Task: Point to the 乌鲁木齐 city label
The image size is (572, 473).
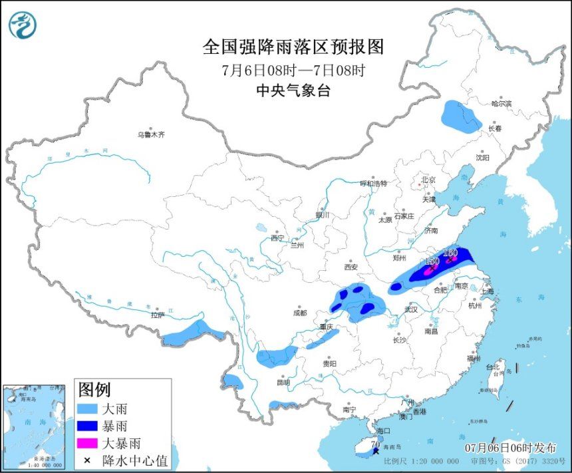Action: (151, 134)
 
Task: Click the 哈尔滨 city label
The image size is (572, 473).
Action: (501, 104)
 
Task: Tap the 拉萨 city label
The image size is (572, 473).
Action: (156, 315)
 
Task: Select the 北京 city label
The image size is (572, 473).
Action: (426, 180)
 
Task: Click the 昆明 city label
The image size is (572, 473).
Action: (283, 382)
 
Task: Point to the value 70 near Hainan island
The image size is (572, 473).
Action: (375, 443)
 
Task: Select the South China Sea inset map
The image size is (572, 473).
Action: (35, 426)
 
